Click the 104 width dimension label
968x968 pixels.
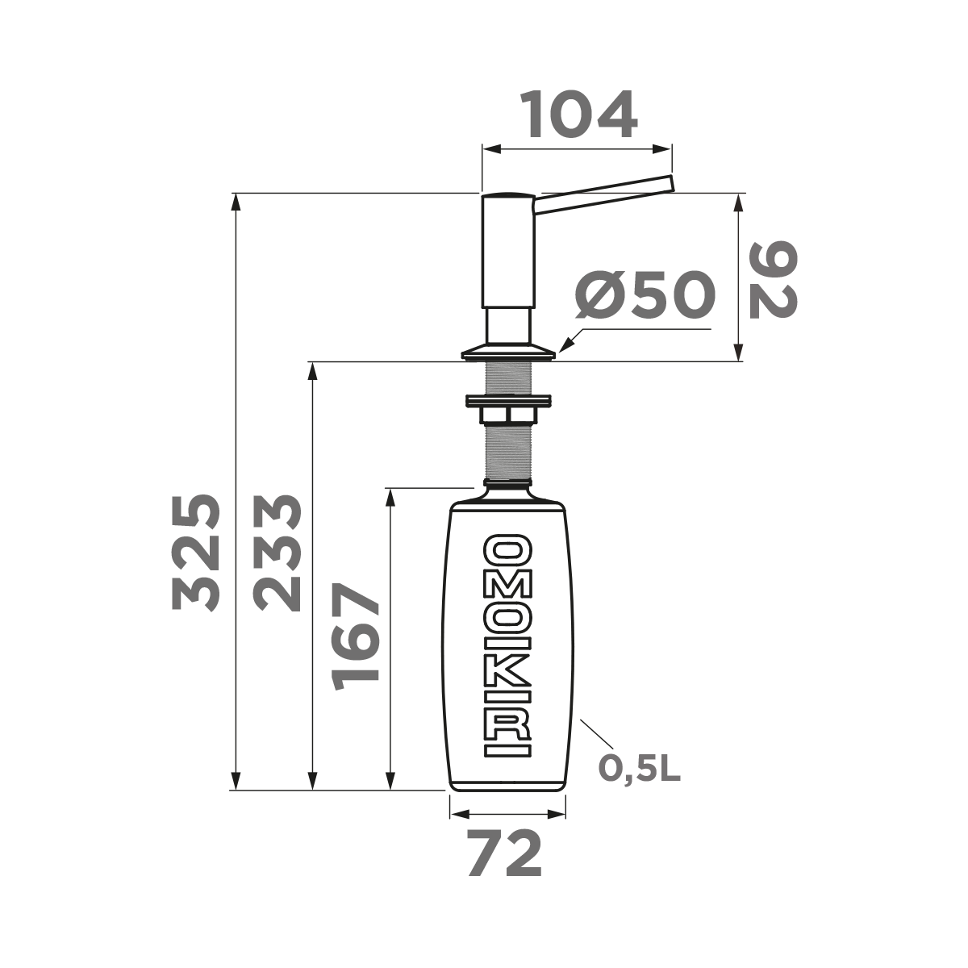pos(578,115)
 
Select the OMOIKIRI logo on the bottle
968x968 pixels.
pos(507,645)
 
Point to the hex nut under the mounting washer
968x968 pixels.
pos(507,415)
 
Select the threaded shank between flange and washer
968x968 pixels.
pos(507,378)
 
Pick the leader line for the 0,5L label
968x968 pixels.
pos(597,734)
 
